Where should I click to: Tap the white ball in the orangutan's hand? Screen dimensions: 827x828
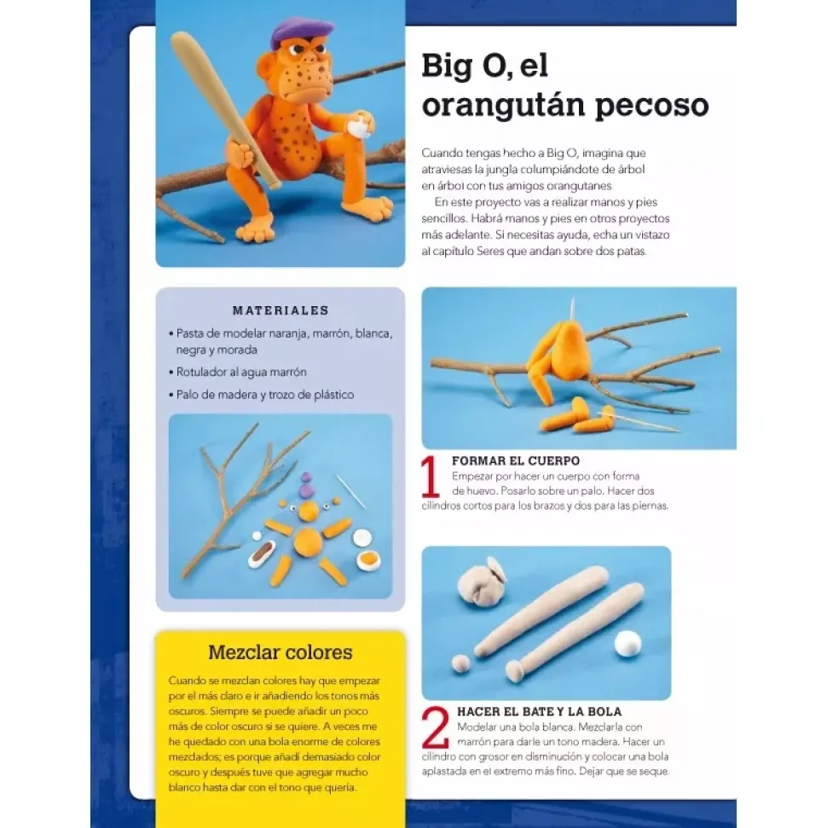click(x=360, y=128)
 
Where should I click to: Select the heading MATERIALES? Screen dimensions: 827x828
click(x=280, y=310)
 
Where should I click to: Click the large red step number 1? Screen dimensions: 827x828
click(x=431, y=477)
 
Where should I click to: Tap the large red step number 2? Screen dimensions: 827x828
click(x=436, y=727)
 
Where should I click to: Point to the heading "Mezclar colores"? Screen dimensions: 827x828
click(x=280, y=652)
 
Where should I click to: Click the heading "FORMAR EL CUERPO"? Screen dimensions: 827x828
click(x=516, y=461)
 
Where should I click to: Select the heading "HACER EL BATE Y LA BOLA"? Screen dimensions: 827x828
click(x=539, y=712)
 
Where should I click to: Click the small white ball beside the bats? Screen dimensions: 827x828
click(x=627, y=644)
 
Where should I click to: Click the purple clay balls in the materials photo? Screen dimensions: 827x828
click(x=306, y=486)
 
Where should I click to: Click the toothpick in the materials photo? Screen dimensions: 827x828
click(x=350, y=492)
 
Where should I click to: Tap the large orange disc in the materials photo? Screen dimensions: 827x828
click(x=308, y=541)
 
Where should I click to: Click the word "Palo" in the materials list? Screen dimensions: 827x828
click(x=188, y=395)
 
